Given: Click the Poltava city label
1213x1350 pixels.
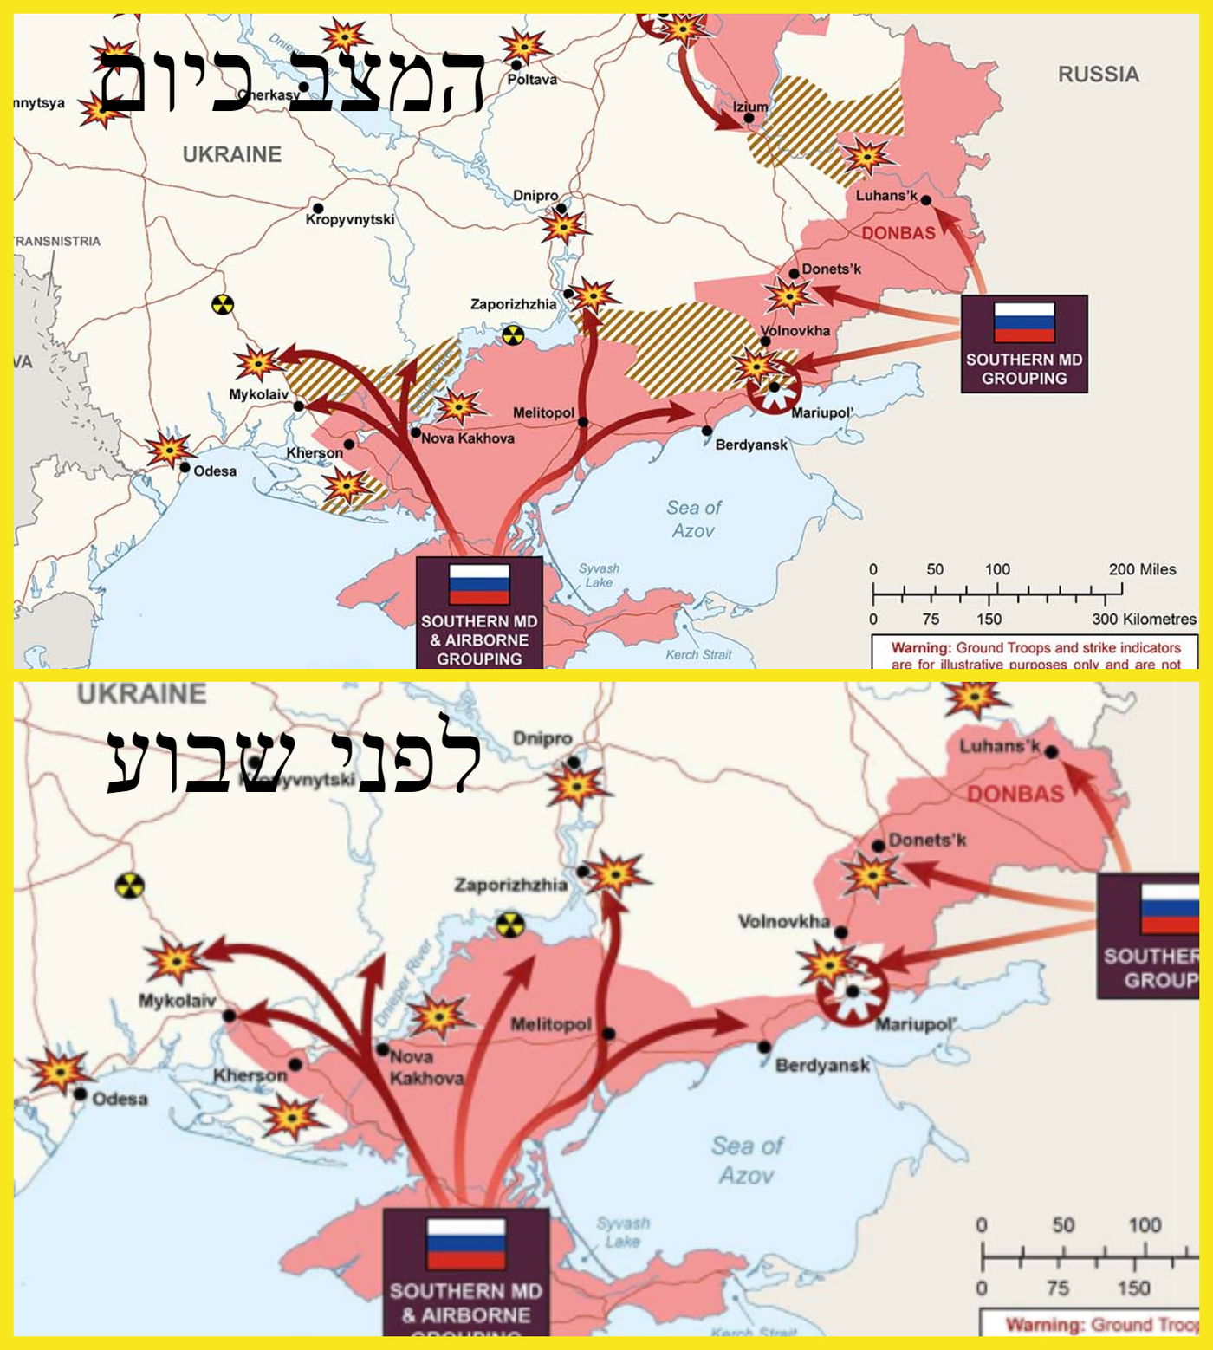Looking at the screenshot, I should [532, 80].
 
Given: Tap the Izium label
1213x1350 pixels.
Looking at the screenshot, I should [750, 107].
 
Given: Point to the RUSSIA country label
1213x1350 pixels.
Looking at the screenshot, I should [1098, 75].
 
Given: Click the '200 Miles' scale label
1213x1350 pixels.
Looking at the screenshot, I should [1142, 569].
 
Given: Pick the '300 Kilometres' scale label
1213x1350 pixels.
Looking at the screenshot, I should [1144, 619].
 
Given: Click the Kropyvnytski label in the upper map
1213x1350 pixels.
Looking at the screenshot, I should [349, 220].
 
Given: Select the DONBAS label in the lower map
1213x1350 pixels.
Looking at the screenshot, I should [1015, 794].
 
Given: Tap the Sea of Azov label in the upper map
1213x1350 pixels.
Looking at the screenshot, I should [693, 519].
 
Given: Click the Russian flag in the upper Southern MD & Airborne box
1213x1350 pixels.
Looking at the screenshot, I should [479, 585].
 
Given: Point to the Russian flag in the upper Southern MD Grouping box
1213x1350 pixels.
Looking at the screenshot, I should [1024, 322].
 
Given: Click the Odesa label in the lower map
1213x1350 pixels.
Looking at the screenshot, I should [120, 1099].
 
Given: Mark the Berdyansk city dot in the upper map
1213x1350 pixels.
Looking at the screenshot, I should [707, 431].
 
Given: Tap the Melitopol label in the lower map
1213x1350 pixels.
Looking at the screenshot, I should [550, 1025].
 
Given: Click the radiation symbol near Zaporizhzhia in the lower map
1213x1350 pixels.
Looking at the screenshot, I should [511, 925].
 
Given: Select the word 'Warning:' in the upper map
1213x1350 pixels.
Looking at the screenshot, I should [921, 647].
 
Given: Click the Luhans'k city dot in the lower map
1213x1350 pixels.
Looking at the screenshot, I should [1051, 752].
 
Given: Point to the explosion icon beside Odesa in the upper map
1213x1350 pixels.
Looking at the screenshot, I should [168, 449].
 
